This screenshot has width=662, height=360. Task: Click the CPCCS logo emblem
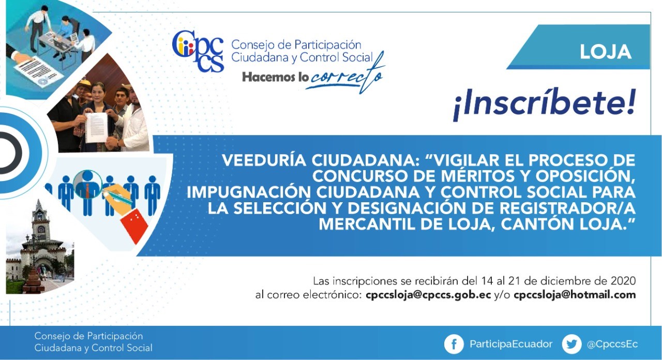point(198,51)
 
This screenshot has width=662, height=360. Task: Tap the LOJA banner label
point(606,52)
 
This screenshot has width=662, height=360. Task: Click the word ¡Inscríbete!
point(544,104)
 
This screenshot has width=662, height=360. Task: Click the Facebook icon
point(454,344)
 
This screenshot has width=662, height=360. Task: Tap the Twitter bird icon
point(571,344)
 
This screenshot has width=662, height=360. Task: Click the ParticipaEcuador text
point(511,344)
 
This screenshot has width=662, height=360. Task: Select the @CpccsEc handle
point(612,344)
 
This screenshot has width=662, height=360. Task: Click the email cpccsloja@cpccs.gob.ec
point(428,295)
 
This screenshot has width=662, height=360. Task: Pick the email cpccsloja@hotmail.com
point(575,295)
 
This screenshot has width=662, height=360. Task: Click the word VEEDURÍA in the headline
point(264,160)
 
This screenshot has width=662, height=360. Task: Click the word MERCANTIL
point(367,224)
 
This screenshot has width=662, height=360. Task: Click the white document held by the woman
point(97,127)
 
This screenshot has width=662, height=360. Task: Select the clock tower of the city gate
point(39,222)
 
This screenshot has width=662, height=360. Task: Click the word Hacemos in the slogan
point(268,78)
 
